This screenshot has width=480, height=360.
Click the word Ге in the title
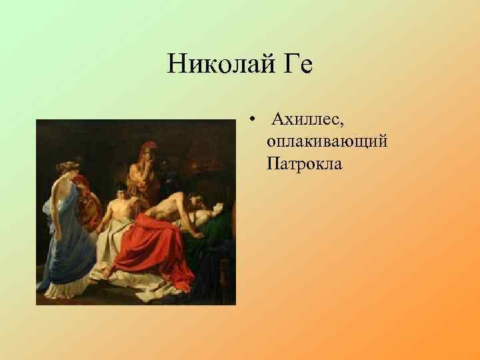click(297, 66)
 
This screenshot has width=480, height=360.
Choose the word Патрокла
click(304, 162)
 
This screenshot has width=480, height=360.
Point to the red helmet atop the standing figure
click(143, 148)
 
